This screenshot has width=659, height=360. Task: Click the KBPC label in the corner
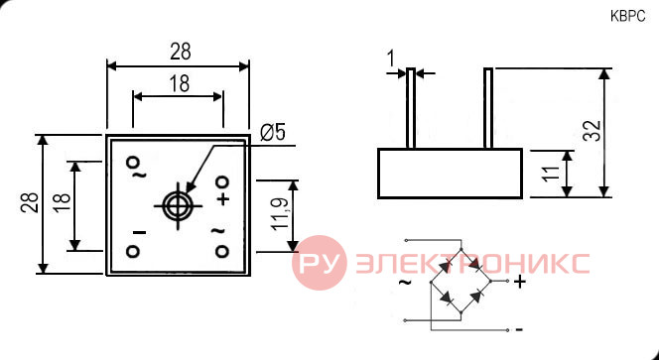pos(627,17)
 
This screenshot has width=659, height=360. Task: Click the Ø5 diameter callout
pos(273,133)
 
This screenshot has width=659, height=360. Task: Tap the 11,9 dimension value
pos(280,214)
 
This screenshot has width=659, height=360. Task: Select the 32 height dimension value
pos(593,131)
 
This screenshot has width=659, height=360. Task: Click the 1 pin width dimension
pos(391,59)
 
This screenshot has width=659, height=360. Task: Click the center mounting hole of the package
pos(178,206)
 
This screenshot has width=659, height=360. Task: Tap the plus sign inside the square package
pos(224,198)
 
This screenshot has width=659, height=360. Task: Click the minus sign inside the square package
pos(139,232)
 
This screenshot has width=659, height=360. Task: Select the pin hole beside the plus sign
pos(222,181)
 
